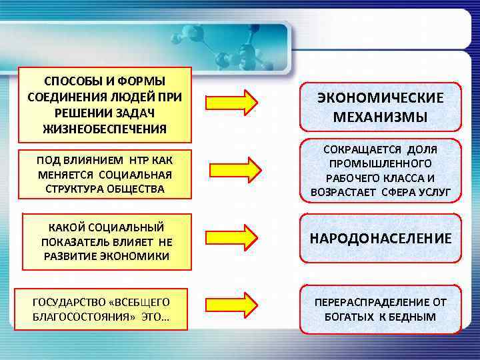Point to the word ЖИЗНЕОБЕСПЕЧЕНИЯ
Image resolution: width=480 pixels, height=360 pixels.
[105, 127]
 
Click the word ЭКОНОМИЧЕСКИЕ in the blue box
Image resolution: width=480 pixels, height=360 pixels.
[380, 98]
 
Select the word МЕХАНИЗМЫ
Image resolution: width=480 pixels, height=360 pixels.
[380, 117]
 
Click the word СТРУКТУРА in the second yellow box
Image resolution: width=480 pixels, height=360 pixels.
[78, 188]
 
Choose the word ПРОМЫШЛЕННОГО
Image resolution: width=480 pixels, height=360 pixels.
[380, 163]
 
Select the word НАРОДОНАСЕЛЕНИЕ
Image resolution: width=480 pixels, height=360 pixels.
[380, 238]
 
